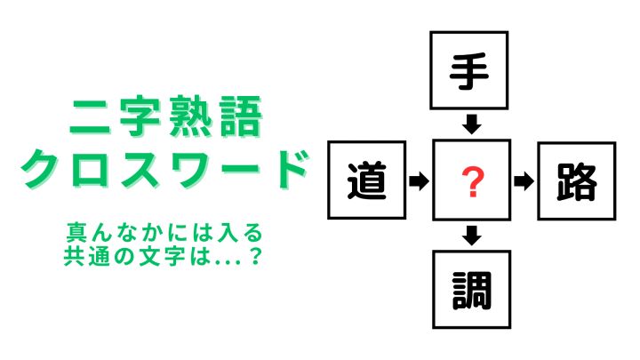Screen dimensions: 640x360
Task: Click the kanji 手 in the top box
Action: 469,71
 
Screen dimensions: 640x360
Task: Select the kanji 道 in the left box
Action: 366,180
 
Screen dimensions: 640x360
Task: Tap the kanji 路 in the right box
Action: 577,181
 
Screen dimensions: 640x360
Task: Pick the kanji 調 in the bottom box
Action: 472,291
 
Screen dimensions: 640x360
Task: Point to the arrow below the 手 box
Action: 472,124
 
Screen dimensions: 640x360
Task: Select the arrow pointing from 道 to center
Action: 419,180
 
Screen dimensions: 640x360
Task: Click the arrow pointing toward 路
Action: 524,180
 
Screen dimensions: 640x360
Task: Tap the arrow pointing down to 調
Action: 472,235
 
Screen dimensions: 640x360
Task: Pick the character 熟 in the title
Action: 190,116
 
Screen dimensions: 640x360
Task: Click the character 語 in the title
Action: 241,116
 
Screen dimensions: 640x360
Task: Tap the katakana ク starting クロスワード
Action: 41,168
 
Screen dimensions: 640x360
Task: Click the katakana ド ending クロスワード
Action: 289,168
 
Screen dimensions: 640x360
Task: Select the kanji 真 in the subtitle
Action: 76,233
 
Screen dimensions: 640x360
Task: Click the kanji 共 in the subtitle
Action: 75,256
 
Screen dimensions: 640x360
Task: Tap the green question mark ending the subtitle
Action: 255,256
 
